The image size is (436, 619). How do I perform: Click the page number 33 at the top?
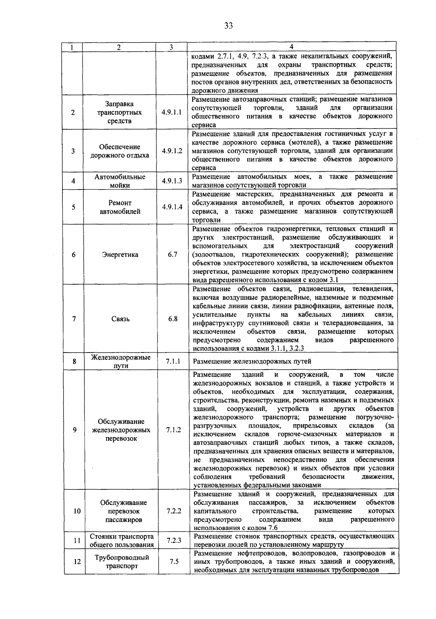tap(228, 25)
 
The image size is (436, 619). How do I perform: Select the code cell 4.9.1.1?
tap(171, 112)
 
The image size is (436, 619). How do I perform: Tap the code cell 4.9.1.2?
tap(172, 151)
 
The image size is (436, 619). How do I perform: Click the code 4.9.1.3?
tap(172, 181)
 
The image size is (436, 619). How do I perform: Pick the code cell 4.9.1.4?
tap(172, 207)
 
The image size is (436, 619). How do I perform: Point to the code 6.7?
tap(173, 254)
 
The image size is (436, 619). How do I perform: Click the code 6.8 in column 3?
tap(173, 319)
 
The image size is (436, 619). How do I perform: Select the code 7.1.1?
tap(173, 361)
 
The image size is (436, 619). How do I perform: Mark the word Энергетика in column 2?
tap(120, 255)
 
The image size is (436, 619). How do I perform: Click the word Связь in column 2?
tap(121, 319)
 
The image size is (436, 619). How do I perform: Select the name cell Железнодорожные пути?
tap(121, 361)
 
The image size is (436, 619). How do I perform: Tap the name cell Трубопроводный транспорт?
tap(122, 562)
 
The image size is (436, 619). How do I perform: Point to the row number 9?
tap(74, 430)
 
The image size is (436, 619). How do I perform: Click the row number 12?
tap(77, 562)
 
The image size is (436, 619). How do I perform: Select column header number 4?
tap(291, 47)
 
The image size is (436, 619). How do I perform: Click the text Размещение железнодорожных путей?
tap(252, 362)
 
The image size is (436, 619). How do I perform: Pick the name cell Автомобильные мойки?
tap(120, 181)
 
